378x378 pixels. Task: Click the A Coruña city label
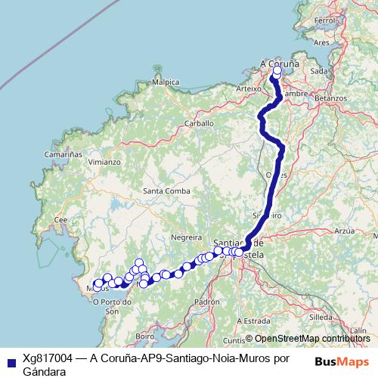click(279, 64)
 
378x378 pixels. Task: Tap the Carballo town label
click(200, 122)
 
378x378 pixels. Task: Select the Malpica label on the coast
click(166, 82)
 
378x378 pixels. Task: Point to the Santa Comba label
click(166, 191)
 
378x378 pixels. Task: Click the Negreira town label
click(187, 237)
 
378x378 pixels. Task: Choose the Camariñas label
click(63, 153)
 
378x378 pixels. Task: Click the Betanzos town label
click(330, 98)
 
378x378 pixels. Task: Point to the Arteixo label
click(248, 88)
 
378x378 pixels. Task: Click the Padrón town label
click(206, 301)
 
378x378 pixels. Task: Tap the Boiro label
click(145, 336)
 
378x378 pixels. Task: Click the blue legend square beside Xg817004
click(8, 361)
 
